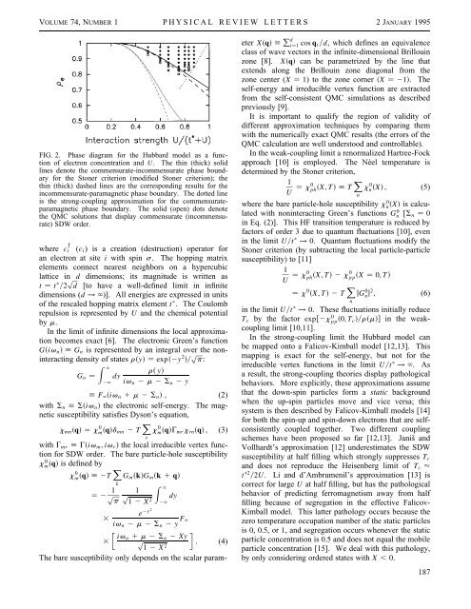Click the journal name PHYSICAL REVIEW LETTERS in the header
click(235, 10)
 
